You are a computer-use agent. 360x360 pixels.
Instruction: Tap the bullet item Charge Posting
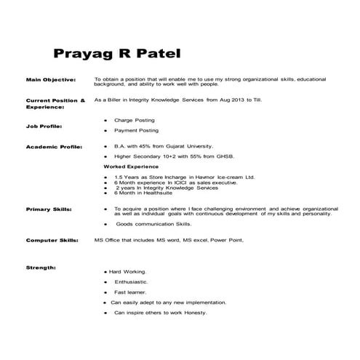[135, 119]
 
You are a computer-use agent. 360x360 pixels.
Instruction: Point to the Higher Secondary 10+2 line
[164, 156]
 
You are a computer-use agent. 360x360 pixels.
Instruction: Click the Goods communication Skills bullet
[153, 225]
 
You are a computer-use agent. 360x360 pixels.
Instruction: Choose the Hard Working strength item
[129, 271]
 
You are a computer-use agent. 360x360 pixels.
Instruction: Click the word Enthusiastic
[131, 281]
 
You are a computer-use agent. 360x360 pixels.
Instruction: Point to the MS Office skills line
[168, 239]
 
